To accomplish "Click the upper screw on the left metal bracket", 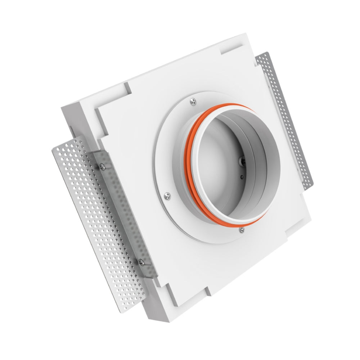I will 102,166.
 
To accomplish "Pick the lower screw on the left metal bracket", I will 141,263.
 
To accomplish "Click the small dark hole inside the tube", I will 242,176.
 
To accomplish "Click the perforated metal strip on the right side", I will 288,119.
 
